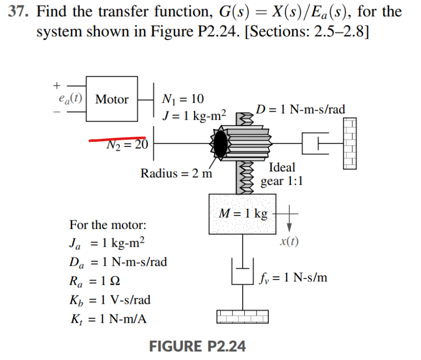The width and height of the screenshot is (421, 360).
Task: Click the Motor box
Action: (x=112, y=99)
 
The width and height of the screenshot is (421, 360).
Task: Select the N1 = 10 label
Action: (x=182, y=98)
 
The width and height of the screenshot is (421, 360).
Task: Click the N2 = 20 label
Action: (x=127, y=145)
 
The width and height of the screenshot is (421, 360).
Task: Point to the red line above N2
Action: (x=117, y=138)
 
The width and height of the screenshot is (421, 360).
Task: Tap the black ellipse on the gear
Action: (x=220, y=144)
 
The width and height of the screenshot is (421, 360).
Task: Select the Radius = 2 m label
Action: (x=176, y=173)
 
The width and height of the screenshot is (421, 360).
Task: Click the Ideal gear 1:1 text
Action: (x=281, y=174)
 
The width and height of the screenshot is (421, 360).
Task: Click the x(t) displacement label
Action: (x=289, y=241)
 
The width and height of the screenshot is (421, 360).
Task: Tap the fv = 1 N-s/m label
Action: (x=294, y=278)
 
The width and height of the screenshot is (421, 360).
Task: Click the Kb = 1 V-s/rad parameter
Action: (x=110, y=300)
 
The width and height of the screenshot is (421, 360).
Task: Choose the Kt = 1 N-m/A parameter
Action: (x=108, y=319)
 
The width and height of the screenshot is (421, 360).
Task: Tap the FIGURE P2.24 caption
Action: (x=197, y=347)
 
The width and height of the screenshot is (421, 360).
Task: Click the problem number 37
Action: (x=18, y=11)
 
